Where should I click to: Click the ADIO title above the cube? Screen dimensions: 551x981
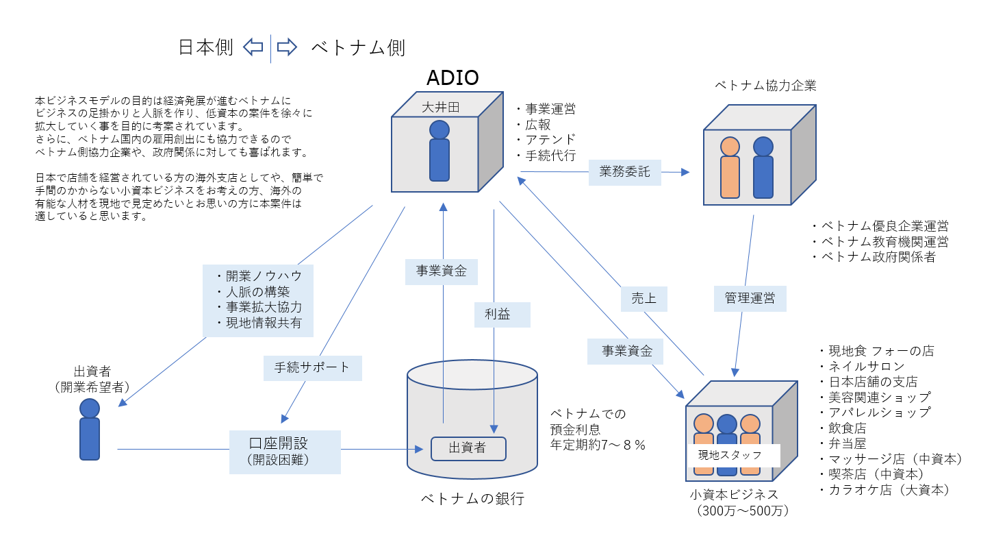coord(453,77)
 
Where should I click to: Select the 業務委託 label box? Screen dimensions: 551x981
coord(624,172)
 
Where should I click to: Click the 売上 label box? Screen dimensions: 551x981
coord(644,299)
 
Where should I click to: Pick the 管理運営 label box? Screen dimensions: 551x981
coord(750,299)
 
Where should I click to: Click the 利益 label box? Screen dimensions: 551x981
coord(502,315)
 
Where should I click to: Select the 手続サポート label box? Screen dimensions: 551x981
coord(312,367)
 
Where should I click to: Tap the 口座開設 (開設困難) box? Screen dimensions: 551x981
coord(285,451)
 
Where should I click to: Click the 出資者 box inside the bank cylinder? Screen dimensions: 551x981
coord(468,448)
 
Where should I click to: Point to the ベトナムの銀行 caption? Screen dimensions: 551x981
coord(472,499)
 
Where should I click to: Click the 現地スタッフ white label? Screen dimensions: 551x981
coord(734,454)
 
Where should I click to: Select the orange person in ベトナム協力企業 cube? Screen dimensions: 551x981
coord(730,168)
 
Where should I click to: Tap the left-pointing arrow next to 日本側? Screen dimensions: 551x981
coord(253,47)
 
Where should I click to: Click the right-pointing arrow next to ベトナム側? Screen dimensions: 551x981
coord(287,47)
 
